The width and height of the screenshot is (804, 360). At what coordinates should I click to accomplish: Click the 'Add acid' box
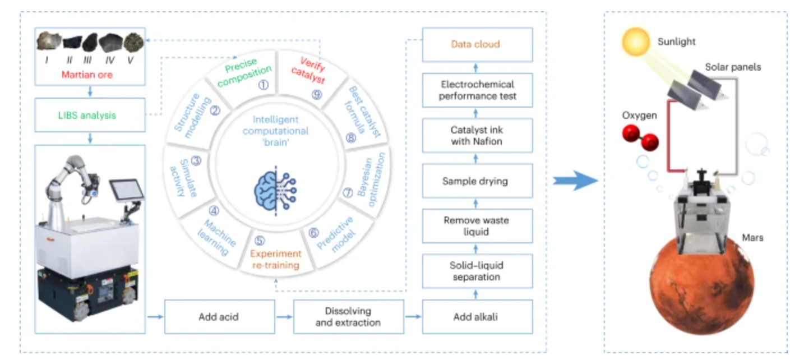[219, 317]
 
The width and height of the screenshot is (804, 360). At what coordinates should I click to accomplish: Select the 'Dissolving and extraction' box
[348, 317]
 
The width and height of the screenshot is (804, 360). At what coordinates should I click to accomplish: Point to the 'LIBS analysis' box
[90, 115]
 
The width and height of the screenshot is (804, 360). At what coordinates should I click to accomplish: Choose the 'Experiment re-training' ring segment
[275, 255]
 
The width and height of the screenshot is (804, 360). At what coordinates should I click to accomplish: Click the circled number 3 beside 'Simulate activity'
[196, 160]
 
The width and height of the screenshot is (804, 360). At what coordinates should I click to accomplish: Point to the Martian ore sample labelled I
[49, 42]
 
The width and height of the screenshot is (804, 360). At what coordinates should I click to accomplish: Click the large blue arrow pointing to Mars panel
[575, 181]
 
